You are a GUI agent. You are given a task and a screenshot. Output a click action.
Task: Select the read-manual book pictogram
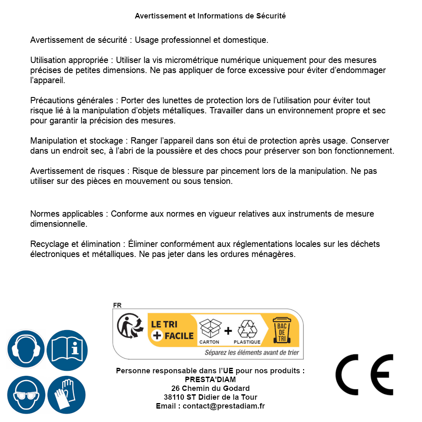pos(67,349)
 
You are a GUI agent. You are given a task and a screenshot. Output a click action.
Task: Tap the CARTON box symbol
pos(209,330)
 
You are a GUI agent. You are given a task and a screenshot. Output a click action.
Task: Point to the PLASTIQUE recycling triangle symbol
pos(247,330)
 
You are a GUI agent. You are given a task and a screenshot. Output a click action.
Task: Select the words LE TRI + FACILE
pos(173,330)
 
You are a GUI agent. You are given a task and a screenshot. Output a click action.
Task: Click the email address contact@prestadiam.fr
pos(223,406)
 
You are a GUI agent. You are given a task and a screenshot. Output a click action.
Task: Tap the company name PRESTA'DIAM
pos(210,380)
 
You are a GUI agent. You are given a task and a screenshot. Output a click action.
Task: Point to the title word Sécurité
pos(271,16)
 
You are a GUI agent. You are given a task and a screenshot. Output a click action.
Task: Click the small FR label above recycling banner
pos(117,305)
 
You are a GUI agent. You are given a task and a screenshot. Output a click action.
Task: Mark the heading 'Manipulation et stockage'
pos(78,141)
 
